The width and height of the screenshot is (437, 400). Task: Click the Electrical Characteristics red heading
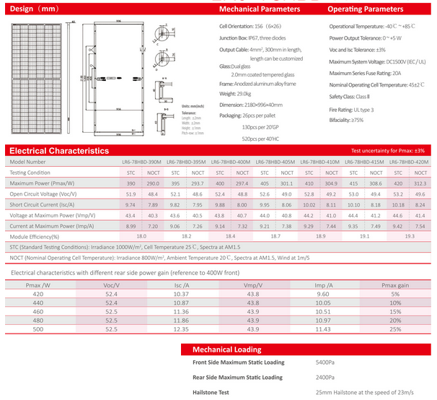pyautogui.click(x=58, y=150)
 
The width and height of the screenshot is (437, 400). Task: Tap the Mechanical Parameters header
pyautogui.click(x=259, y=9)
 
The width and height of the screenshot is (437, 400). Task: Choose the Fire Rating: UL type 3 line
pyautogui.click(x=351, y=109)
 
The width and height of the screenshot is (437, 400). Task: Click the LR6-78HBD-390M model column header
pyautogui.click(x=141, y=162)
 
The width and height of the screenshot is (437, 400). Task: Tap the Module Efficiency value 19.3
pyautogui.click(x=410, y=236)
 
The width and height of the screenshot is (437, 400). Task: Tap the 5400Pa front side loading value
pyautogui.click(x=326, y=362)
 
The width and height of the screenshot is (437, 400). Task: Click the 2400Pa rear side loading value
pyautogui.click(x=326, y=377)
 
